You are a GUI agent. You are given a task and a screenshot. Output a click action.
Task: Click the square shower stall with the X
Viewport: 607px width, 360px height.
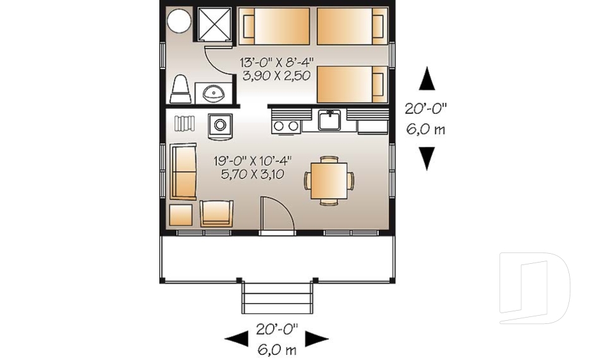point(214,23)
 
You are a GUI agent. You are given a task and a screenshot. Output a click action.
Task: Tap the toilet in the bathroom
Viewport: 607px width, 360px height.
point(180,89)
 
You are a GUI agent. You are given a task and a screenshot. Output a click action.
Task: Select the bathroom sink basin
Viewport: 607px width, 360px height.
point(214,94)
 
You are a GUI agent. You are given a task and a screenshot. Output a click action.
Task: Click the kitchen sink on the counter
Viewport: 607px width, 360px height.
point(329,120)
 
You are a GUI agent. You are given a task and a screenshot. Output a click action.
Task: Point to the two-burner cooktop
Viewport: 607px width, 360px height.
point(286,125)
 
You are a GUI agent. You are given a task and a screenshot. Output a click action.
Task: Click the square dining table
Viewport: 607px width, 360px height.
point(329,181)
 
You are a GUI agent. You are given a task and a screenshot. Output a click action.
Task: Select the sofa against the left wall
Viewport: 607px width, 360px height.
point(183,171)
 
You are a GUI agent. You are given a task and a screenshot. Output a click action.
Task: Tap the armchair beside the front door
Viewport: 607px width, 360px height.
point(217,213)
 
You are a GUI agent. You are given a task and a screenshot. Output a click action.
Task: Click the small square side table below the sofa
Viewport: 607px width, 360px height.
point(181,214)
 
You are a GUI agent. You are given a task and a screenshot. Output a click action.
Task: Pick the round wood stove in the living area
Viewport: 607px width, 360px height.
point(220,125)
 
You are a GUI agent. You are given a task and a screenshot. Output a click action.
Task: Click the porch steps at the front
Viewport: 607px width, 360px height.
point(277,297)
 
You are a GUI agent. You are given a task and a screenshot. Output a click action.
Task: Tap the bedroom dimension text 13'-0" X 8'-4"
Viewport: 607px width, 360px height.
point(276,63)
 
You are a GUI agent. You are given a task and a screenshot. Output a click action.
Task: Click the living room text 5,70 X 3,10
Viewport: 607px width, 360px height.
point(252,174)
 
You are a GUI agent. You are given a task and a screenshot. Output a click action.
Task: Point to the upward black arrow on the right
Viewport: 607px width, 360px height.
point(427,78)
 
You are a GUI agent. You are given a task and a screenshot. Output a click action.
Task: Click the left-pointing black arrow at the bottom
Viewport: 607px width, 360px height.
point(236,338)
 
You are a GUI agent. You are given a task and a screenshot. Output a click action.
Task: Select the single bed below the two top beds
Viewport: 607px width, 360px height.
point(352,85)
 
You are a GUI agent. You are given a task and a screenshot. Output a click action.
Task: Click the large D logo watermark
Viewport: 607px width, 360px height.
point(534,288)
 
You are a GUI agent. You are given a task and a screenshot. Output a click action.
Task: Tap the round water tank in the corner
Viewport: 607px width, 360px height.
point(179,20)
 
